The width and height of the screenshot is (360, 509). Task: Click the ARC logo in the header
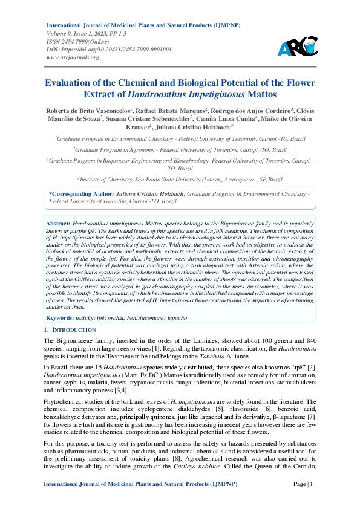pyautogui.click(x=297, y=47)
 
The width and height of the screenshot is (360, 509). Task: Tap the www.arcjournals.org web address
pyautogui.click(x=73, y=57)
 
